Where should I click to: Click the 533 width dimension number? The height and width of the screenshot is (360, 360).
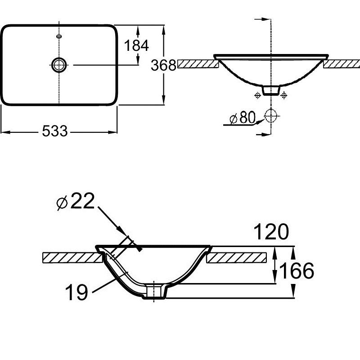pyautogui.click(x=55, y=131)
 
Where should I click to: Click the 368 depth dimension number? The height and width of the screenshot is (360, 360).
pyautogui.click(x=163, y=65)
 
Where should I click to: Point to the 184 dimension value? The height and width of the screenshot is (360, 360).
pyautogui.click(x=136, y=45)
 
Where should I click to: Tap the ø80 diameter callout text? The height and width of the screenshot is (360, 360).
pyautogui.click(x=243, y=117)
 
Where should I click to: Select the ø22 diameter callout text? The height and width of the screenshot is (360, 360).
pyautogui.click(x=76, y=201)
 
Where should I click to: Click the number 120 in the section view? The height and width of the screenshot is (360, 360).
pyautogui.click(x=271, y=231)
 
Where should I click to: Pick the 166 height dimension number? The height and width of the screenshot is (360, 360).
pyautogui.click(x=297, y=271)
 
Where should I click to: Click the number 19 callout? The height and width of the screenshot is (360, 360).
pyautogui.click(x=76, y=292)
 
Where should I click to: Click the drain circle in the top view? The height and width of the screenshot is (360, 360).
pyautogui.click(x=59, y=65)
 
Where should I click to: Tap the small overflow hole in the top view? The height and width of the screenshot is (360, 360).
pyautogui.click(x=59, y=36)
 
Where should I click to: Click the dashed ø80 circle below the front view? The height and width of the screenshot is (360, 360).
pyautogui.click(x=271, y=116)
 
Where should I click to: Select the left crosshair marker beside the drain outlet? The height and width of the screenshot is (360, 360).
pyautogui.click(x=257, y=94)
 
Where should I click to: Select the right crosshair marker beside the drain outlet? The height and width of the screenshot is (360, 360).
pyautogui.click(x=284, y=94)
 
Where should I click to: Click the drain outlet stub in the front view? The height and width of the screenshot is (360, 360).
pyautogui.click(x=271, y=90)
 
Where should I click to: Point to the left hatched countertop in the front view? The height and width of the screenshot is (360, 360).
pyautogui.click(x=198, y=64)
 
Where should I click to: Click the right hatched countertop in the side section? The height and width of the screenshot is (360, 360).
pyautogui.click(x=237, y=257)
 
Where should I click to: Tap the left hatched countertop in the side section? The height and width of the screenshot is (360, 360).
pyautogui.click(x=72, y=257)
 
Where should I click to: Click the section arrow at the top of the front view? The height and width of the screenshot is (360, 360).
pyautogui.click(x=263, y=19)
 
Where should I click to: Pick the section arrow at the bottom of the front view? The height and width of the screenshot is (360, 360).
pyautogui.click(x=263, y=134)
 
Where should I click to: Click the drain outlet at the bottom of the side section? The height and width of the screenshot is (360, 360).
pyautogui.click(x=154, y=292)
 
